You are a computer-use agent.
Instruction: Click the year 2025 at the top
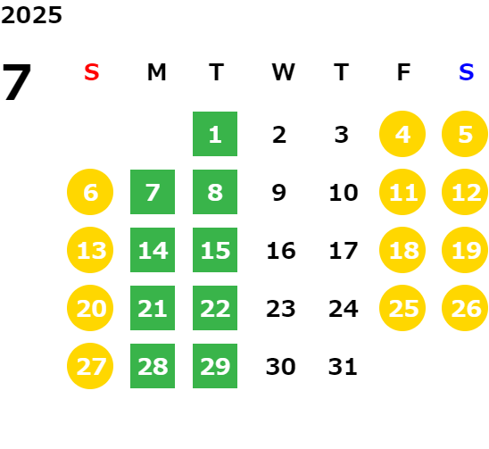click(x=31, y=15)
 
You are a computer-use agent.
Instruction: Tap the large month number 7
click(x=17, y=82)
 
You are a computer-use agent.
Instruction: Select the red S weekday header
click(x=92, y=72)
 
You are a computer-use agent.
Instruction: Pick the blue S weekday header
click(x=467, y=72)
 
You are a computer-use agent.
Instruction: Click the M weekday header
click(x=156, y=72)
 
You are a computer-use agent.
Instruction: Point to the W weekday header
click(x=283, y=72)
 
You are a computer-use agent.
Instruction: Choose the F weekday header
click(x=404, y=72)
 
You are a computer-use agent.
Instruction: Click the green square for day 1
click(x=215, y=134)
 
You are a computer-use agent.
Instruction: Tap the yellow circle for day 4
click(x=402, y=134)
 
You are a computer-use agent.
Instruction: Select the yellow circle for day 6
click(x=90, y=192)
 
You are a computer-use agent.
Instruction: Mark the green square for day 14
click(x=153, y=250)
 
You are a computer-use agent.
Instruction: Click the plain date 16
click(x=281, y=250)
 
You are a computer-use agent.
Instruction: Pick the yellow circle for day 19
click(x=465, y=250)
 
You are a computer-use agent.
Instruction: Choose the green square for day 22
click(x=215, y=308)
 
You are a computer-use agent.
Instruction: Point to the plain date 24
click(x=344, y=309)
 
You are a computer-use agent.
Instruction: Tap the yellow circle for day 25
click(x=402, y=308)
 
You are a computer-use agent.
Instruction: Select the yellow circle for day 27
click(x=90, y=366)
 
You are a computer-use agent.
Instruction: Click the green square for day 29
click(x=215, y=366)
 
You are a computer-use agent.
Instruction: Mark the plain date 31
click(x=343, y=366)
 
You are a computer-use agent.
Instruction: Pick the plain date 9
click(x=278, y=192)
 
